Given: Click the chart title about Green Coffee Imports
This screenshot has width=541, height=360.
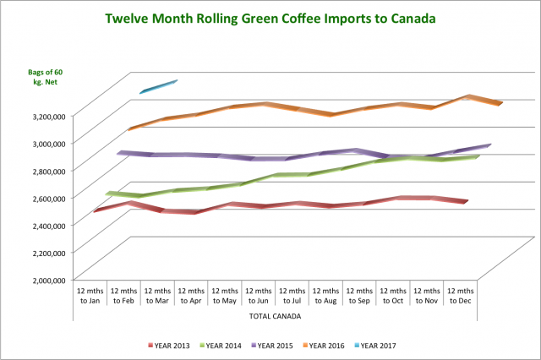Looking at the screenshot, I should point(270,18).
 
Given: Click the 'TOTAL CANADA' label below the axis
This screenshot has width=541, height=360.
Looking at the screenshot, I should point(276,316).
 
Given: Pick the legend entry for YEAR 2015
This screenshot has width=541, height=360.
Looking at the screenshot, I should point(276,345).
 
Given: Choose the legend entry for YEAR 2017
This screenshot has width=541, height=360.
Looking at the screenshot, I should point(380,345).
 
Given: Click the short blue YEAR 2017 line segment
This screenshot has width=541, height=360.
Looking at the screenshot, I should point(158,86).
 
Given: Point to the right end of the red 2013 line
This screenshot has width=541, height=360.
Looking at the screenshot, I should point(466,202).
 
